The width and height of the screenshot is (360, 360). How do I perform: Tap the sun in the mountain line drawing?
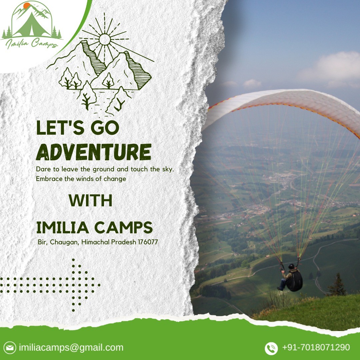tap(104, 39)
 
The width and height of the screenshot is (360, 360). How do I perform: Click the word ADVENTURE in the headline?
tap(93, 152)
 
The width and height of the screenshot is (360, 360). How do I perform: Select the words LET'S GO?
tap(77, 128)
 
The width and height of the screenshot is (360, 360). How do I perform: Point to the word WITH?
tap(90, 200)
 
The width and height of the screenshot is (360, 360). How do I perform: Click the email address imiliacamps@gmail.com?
tap(71, 348)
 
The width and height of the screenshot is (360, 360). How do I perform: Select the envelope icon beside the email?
tap(11, 348)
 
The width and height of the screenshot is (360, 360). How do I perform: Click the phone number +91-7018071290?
tap(316, 348)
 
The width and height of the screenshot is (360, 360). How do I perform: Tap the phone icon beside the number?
tap(271, 348)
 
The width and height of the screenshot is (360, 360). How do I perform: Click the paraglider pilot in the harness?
tap(292, 278)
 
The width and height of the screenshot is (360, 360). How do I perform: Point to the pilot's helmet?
tap(292, 266)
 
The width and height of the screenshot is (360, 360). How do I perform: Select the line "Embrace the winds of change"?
tap(81, 179)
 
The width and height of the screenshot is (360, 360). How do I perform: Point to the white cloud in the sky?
tap(330, 67)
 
